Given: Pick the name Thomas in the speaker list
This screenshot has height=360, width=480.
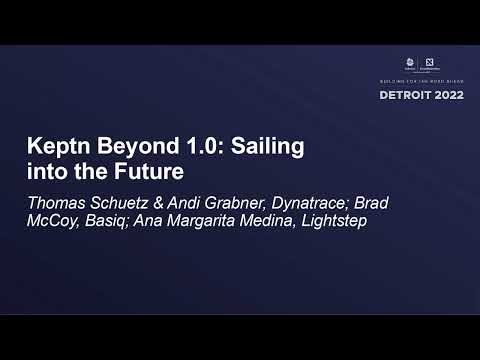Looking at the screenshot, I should (57, 203).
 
